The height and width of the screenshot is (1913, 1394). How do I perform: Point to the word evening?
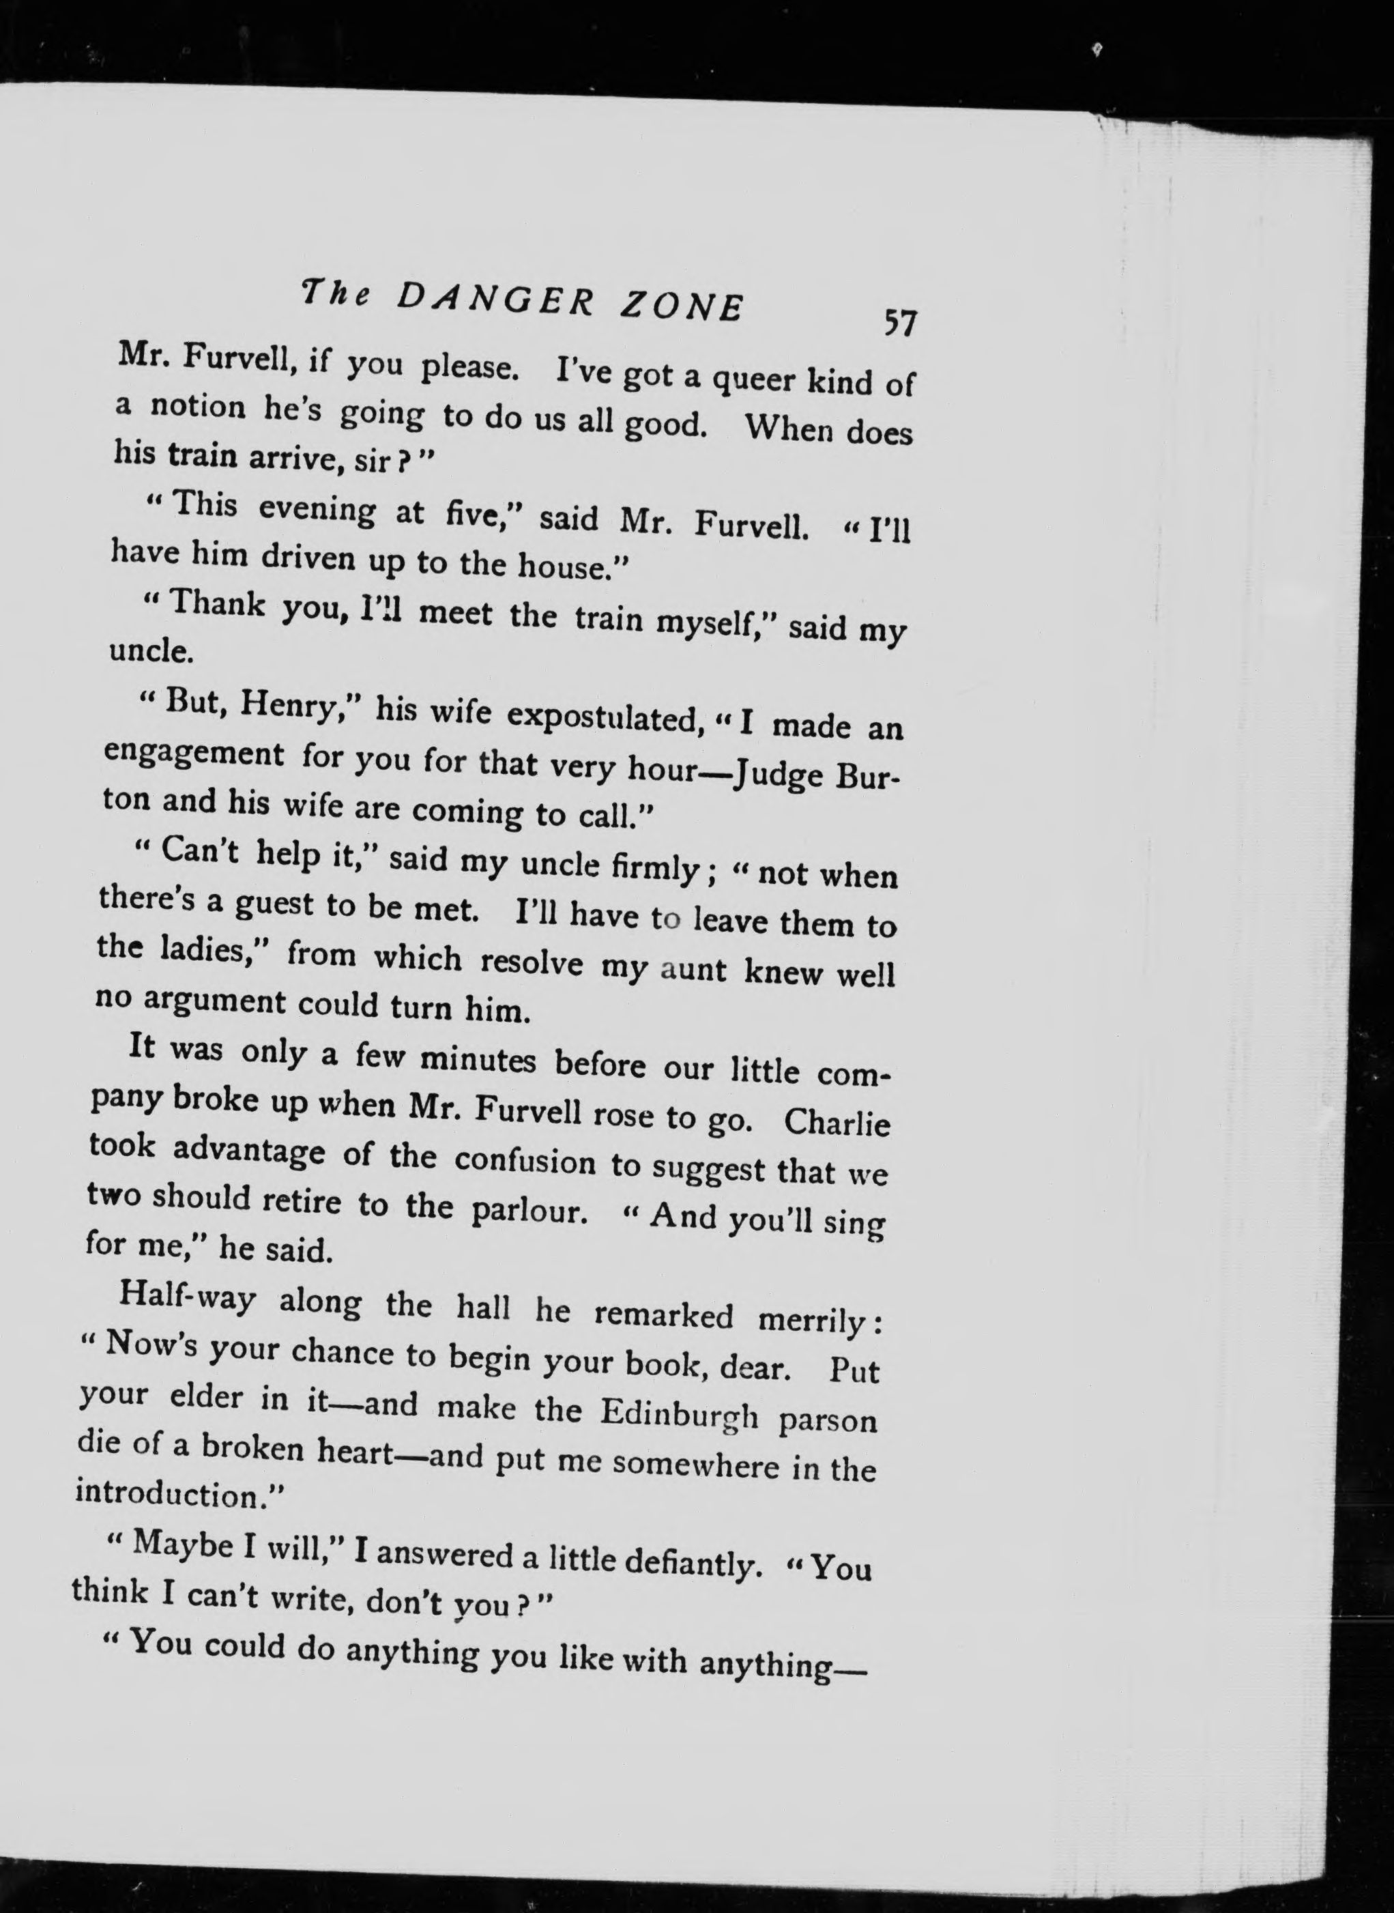pos(317,510)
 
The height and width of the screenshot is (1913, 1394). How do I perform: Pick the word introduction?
pos(177,1495)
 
